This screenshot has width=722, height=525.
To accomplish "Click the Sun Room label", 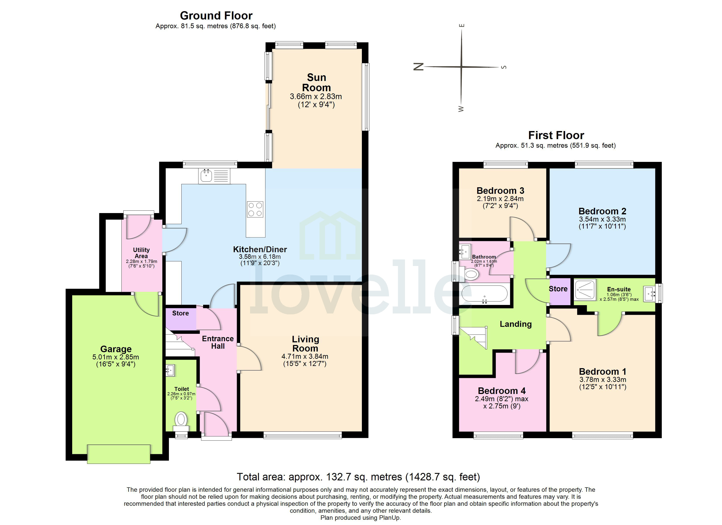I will [x=316, y=82].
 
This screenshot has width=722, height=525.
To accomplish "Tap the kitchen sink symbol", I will [x=206, y=176].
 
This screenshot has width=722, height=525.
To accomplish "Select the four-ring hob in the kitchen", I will [x=255, y=210].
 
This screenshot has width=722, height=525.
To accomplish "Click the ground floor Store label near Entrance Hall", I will [x=180, y=313].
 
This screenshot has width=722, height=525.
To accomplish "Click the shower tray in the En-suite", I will [x=585, y=290].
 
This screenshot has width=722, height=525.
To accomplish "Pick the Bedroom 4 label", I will [x=502, y=391].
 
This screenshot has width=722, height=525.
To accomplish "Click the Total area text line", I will [x=358, y=477].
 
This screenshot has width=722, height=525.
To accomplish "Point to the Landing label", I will [x=515, y=324].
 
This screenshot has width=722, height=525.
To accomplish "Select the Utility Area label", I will [x=141, y=253].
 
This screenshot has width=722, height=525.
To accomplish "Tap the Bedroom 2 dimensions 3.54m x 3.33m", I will [x=602, y=219].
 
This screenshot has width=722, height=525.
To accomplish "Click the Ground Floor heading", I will [x=216, y=16].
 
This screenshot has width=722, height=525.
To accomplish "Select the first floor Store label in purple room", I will [x=558, y=289].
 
